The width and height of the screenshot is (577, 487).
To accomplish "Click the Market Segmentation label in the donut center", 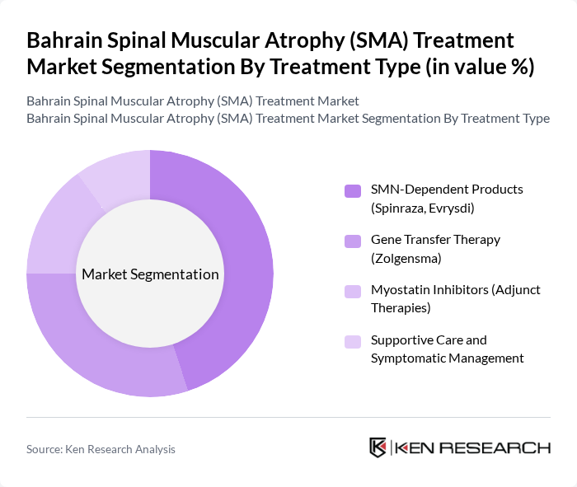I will [x=150, y=274].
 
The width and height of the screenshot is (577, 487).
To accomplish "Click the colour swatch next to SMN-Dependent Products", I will [x=353, y=191].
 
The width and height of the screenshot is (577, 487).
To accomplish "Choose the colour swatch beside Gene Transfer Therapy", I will [x=353, y=241].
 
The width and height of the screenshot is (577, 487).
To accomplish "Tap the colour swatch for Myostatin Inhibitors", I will [x=353, y=292].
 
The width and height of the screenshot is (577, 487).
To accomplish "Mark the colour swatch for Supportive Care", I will [x=353, y=342].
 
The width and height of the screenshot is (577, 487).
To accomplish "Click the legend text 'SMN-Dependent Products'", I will [x=446, y=189].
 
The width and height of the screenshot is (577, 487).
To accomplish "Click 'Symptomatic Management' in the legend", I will [x=447, y=358].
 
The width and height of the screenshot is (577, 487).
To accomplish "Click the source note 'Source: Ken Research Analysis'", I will [x=101, y=449].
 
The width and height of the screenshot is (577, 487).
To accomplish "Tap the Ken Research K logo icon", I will [x=378, y=447].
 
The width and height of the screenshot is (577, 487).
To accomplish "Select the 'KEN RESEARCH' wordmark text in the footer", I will [x=473, y=447].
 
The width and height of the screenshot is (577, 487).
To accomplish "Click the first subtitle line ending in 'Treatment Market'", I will [x=193, y=101].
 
